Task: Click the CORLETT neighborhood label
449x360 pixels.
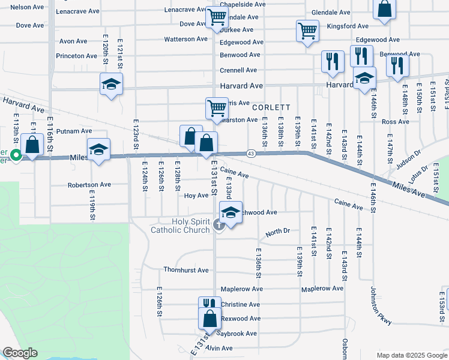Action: pos(271,107)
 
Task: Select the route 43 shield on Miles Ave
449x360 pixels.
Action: pos(251,154)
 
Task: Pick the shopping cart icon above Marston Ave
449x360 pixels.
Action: pos(216,108)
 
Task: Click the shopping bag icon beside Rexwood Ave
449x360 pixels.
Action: pos(209,318)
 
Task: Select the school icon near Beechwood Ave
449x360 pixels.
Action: pos(231,212)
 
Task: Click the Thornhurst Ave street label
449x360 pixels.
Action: pos(185,270)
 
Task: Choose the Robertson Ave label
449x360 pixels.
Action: pos(87,185)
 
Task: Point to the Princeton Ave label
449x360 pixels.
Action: pos(77,56)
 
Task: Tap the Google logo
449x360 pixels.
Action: pos(20,353)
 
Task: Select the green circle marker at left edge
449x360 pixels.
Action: pos(16,157)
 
